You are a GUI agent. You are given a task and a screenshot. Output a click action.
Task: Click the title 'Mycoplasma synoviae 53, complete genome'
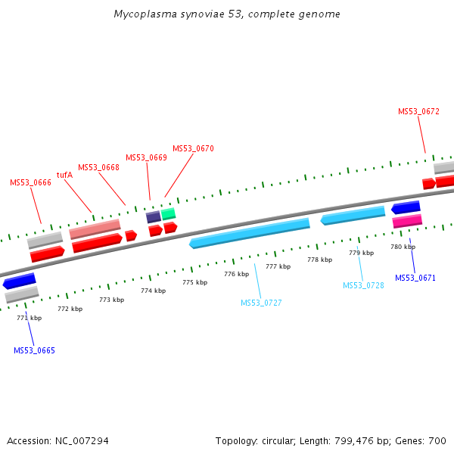pyautogui.click(x=227, y=14)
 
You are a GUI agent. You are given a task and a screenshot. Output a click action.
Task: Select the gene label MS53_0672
pyautogui.click(x=418, y=111)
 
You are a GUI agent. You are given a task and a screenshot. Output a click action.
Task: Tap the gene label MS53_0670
pyautogui.click(x=193, y=148)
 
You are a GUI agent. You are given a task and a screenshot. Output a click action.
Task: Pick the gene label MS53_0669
pyautogui.click(x=146, y=157)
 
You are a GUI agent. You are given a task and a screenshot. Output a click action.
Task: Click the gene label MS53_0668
pyautogui.click(x=98, y=167)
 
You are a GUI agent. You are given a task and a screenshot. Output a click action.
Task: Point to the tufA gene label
pyautogui.click(x=64, y=175)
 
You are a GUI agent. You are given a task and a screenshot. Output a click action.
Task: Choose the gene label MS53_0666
pyautogui.click(x=30, y=182)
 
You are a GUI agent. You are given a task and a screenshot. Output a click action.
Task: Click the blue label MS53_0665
pyautogui.click(x=34, y=350)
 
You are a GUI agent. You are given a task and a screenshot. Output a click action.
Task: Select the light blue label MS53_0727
pyautogui.click(x=261, y=303)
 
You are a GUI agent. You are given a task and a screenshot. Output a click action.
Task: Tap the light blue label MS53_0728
pyautogui.click(x=363, y=285)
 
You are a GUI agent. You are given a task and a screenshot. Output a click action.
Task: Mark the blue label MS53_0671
pyautogui.click(x=415, y=278)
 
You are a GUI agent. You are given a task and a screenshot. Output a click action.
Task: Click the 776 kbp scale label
pyautogui.click(x=236, y=274)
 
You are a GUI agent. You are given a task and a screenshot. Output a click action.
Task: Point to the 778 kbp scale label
pyautogui.click(x=319, y=260)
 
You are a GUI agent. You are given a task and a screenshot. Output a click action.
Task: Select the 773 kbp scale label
pyautogui.click(x=111, y=300)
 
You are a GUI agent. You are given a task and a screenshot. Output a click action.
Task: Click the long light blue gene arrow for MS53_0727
pyautogui.click(x=250, y=233)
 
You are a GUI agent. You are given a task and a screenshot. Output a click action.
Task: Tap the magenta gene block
pyautogui.click(x=407, y=221)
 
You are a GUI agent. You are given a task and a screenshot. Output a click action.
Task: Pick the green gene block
pyautogui.click(x=168, y=214)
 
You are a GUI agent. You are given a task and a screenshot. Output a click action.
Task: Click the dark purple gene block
pyautogui.click(x=153, y=217)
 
